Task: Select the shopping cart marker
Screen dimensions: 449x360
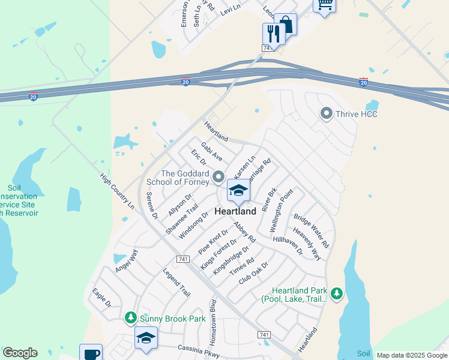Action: [325, 5]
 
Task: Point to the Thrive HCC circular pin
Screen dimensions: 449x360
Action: [327, 113]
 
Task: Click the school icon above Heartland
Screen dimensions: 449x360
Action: [238, 191]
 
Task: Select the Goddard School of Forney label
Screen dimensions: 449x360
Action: [175, 178]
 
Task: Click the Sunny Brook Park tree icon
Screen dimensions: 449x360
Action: [130, 317]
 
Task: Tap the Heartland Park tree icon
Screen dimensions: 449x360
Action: [337, 293]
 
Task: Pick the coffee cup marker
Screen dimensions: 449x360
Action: [91, 353]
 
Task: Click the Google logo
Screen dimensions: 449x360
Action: [20, 353]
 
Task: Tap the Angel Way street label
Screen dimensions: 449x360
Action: [127, 260]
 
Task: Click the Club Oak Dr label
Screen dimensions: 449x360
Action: [253, 272]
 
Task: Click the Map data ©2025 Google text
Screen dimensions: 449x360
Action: [412, 355]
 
